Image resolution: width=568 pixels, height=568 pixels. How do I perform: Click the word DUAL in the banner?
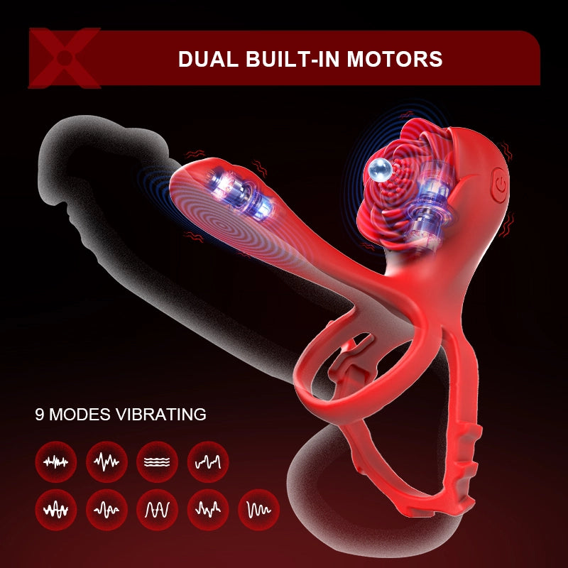208,59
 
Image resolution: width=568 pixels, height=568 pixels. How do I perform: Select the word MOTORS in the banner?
395,59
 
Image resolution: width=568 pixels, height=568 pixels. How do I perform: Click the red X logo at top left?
65,58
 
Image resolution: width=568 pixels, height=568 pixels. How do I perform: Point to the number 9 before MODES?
40,415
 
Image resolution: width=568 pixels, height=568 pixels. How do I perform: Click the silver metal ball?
380,170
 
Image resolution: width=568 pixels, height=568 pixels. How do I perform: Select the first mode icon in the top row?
56,461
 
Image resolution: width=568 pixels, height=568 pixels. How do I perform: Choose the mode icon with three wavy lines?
157,461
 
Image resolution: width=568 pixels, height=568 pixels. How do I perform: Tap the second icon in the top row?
106,461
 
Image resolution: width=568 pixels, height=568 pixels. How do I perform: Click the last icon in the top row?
208,461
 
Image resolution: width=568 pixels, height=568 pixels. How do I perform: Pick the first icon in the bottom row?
56,510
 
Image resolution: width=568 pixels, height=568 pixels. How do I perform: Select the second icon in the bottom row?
106,510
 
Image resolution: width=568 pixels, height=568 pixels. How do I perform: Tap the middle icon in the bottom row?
157,510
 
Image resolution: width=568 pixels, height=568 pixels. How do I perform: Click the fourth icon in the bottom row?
208,510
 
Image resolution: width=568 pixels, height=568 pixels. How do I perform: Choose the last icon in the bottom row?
258,510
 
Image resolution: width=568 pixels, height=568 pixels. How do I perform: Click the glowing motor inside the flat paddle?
240,193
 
